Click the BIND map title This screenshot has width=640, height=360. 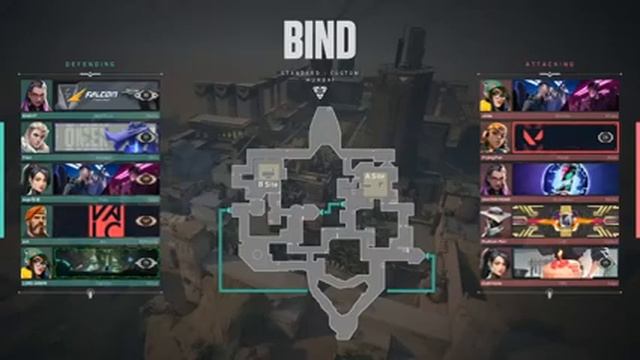[x=319, y=40]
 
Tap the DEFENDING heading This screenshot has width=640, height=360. [x=91, y=65]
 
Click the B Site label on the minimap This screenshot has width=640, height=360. [x=267, y=184]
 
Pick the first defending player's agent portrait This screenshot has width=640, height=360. [x=36, y=95]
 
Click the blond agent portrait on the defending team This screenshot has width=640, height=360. [x=36, y=137]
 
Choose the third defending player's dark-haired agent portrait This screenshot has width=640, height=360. [x=36, y=179]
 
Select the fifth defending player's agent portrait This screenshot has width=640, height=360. [x=36, y=263]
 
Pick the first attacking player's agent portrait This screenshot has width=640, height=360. [x=495, y=95]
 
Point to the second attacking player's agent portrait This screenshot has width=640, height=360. [x=495, y=137]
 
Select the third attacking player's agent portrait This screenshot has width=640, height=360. [x=495, y=179]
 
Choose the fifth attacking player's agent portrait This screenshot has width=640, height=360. [x=495, y=263]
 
